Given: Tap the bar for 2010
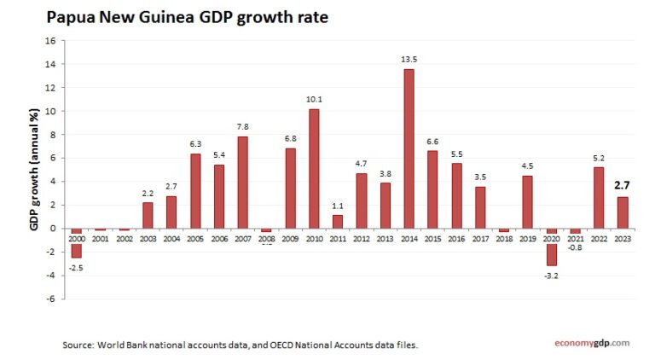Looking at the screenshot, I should click(315, 168).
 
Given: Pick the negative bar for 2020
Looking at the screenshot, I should click(551, 247).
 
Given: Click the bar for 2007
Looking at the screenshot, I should click(243, 182).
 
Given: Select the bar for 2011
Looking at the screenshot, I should click(338, 221).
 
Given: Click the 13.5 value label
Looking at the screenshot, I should click(409, 60).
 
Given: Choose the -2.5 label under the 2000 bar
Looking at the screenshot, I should click(77, 268).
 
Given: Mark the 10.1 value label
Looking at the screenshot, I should click(315, 100).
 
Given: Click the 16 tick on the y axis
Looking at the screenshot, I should click(50, 40).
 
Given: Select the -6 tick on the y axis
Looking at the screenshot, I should click(50, 299).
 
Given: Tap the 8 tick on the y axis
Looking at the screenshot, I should click(51, 134).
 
